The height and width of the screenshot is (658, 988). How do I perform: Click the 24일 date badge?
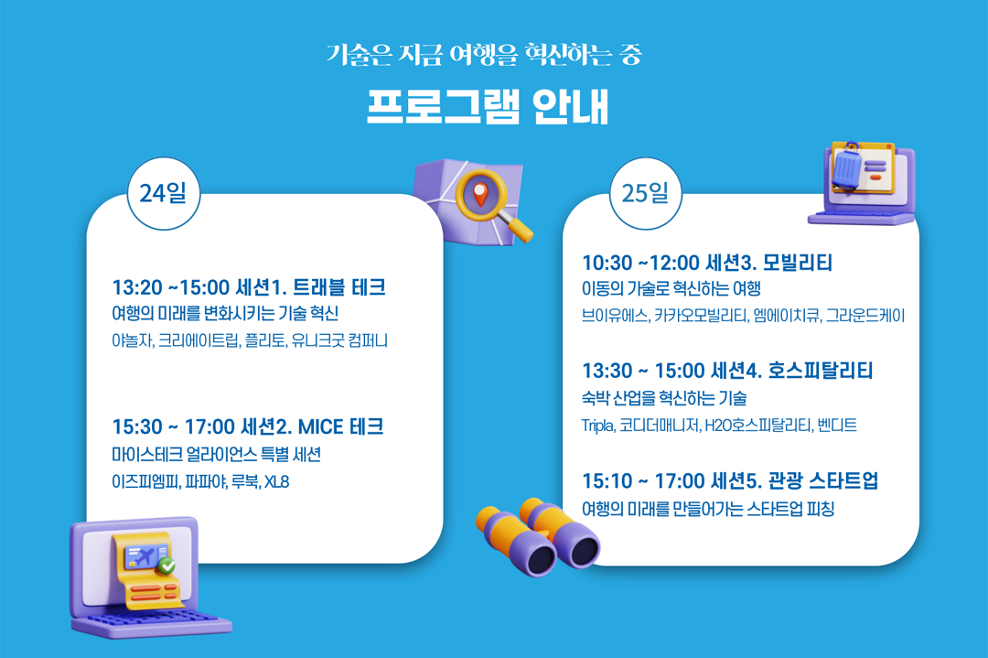coord(164,193)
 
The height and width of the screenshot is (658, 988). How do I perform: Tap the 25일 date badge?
coord(646,193)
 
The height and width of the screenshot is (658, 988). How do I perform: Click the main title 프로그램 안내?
coord(489,106)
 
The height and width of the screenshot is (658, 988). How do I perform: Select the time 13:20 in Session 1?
coord(136,287)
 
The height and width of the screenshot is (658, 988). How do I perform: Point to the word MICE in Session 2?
coord(320,427)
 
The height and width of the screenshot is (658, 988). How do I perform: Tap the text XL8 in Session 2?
coord(276,482)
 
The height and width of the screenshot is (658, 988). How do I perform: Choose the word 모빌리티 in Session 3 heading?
coord(798,262)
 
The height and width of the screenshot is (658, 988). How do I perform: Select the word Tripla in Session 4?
coord(597,426)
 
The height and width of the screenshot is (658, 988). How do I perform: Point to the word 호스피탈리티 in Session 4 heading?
coord(821,371)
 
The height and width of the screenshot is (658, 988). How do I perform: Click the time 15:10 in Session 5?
coord(607,481)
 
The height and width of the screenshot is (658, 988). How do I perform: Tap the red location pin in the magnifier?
coord(480,193)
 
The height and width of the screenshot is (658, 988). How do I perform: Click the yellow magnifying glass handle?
coord(518,228)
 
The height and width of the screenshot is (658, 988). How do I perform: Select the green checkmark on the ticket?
coord(167,566)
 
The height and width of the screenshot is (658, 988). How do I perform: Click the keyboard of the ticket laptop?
coord(151,622)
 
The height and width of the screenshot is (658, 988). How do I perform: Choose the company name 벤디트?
coord(837,426)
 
